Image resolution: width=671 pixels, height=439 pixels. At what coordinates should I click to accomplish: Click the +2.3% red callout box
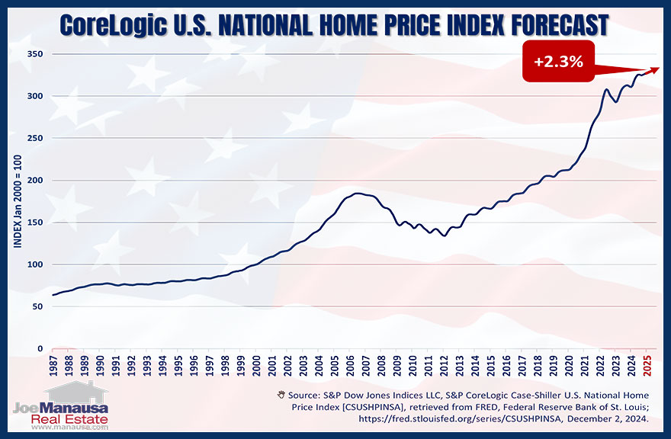click(559, 62)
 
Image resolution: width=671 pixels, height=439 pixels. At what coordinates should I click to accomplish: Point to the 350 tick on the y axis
click(33, 54)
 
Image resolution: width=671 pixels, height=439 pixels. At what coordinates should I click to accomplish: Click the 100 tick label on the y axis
click(33, 264)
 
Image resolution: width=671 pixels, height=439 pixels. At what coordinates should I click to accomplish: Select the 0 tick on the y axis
click(37, 349)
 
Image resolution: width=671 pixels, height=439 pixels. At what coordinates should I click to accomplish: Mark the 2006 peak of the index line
click(358, 194)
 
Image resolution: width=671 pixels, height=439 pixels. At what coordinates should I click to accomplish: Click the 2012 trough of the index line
click(445, 236)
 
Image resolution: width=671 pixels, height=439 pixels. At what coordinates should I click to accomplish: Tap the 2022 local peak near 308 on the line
click(607, 90)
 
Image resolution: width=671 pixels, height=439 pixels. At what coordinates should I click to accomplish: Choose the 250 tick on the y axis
click(33, 138)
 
